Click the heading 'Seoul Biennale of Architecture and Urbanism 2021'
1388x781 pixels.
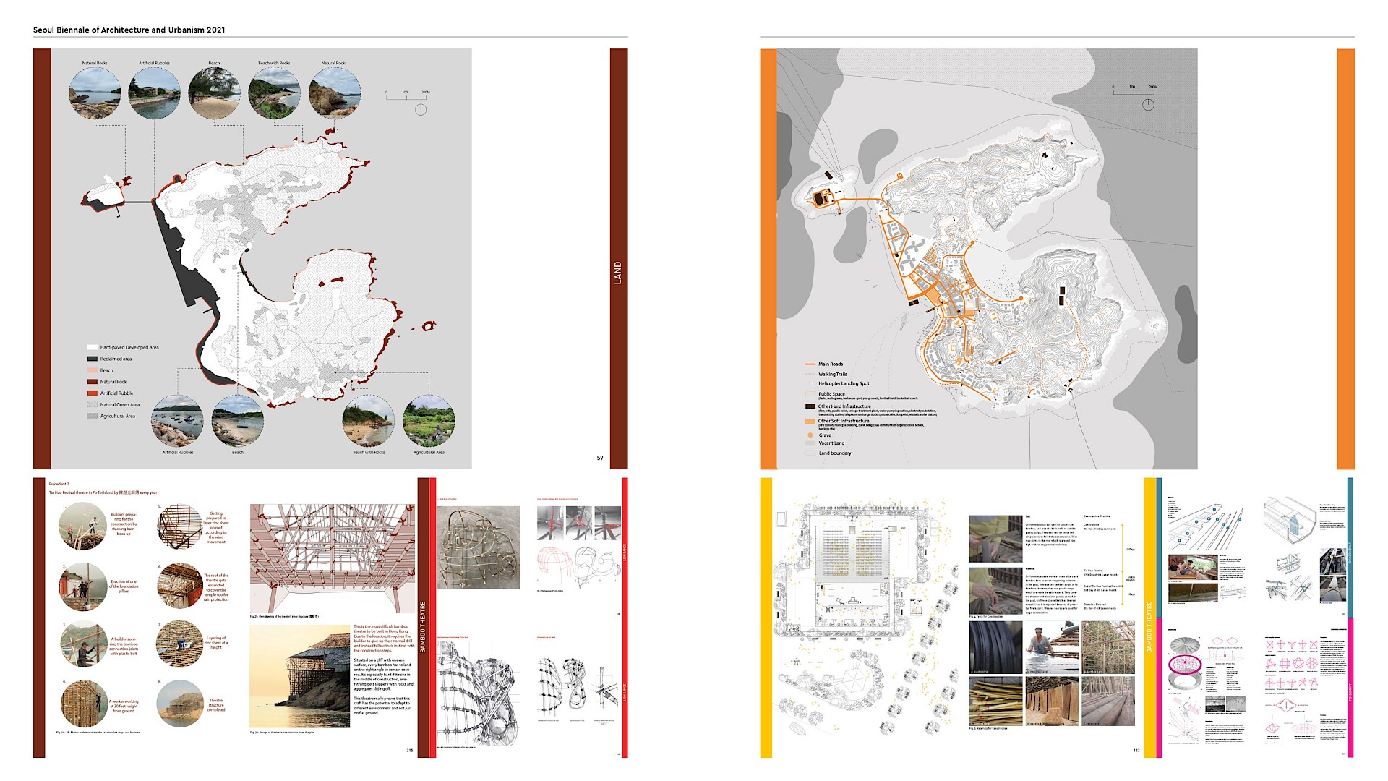pyautogui.click(x=129, y=30)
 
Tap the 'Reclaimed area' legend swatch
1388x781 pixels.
pyautogui.click(x=92, y=359)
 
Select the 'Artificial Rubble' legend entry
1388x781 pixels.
pyautogui.click(x=116, y=393)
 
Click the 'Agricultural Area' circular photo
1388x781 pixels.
pyautogui.click(x=429, y=421)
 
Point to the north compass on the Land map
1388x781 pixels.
pyautogui.click(x=421, y=109)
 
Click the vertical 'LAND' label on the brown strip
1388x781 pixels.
pyautogui.click(x=618, y=273)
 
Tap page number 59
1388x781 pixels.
pyautogui.click(x=600, y=458)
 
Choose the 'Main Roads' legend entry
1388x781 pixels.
pyautogui.click(x=830, y=364)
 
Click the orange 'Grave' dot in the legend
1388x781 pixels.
pyautogui.click(x=810, y=435)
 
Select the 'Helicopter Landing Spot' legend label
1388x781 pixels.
pyautogui.click(x=844, y=383)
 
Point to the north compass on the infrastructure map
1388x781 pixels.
pyautogui.click(x=1147, y=104)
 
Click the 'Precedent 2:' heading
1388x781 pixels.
pyautogui.click(x=59, y=484)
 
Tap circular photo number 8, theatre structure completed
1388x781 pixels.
pyautogui.click(x=179, y=704)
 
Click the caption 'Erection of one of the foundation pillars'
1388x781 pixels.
pyautogui.click(x=123, y=586)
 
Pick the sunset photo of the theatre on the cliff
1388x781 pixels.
pyautogui.click(x=299, y=677)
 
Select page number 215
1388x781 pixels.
pyautogui.click(x=410, y=751)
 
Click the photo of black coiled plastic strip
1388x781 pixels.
pyautogui.click(x=995, y=647)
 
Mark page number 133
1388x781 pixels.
pyautogui.click(x=1136, y=751)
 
